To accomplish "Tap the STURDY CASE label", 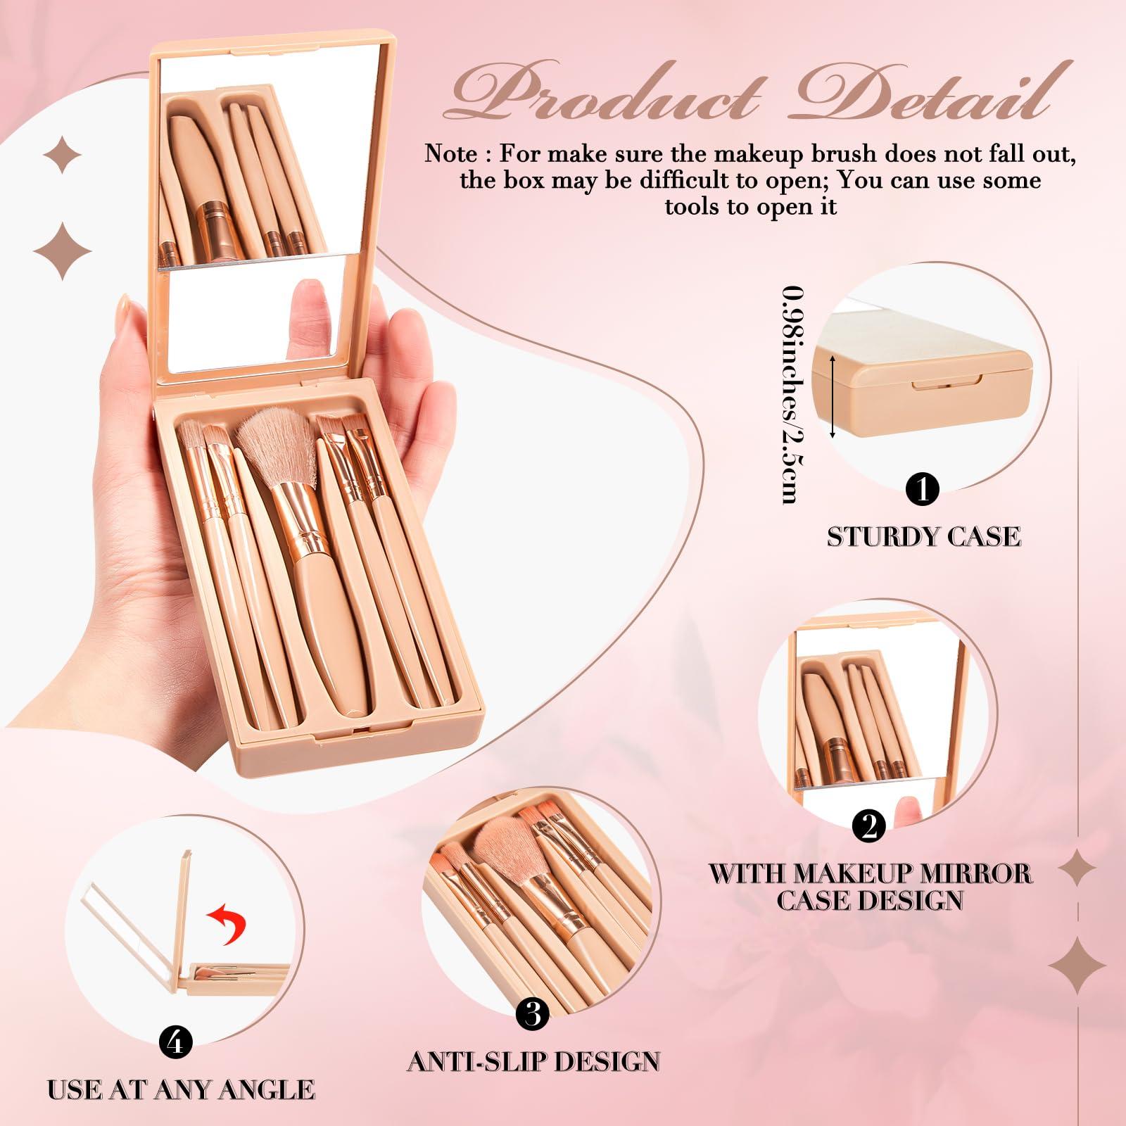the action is [923, 537].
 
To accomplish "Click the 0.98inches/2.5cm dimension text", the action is [795, 394].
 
